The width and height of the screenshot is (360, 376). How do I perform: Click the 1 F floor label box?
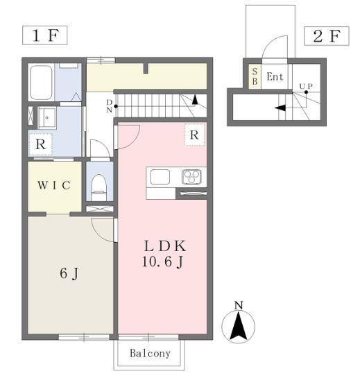pos(44,35)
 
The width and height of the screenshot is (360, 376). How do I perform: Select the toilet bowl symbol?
pos(99,184)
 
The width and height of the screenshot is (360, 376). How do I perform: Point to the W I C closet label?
pos(53,185)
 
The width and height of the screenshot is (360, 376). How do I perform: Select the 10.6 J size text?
pos(164,262)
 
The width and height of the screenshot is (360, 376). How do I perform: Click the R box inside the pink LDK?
pos(194,135)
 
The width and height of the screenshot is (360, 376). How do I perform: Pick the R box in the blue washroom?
pos(41,145)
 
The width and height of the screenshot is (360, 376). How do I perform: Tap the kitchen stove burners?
pos(191,177)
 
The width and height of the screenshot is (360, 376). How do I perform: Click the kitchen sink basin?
pos(160,177)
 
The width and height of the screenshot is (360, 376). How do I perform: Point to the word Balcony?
pos(150,353)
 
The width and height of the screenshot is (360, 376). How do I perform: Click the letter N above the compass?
pos(239,305)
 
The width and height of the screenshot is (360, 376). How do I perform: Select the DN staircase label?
pos(109,106)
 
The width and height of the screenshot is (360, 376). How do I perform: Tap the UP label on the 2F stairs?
pos(305,87)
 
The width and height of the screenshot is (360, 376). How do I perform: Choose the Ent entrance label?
pos(275,76)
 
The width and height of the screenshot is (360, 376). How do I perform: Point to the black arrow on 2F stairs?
pos(281,108)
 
